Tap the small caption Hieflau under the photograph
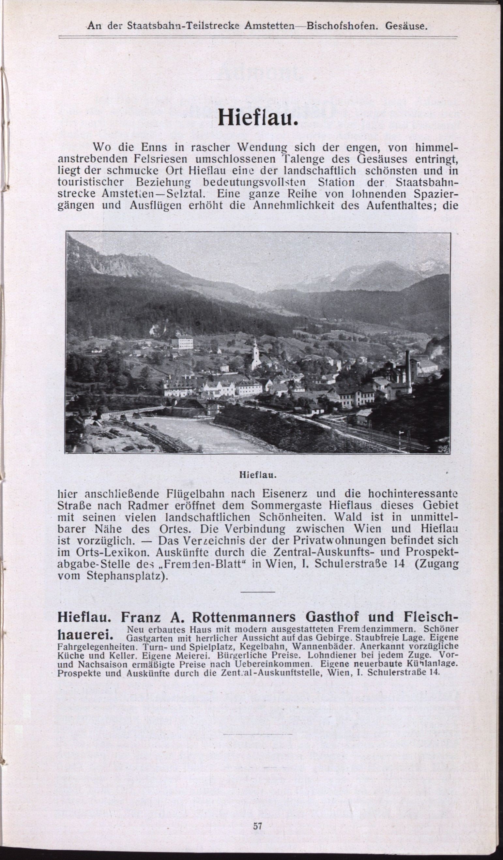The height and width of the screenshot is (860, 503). pyautogui.click(x=258, y=475)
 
